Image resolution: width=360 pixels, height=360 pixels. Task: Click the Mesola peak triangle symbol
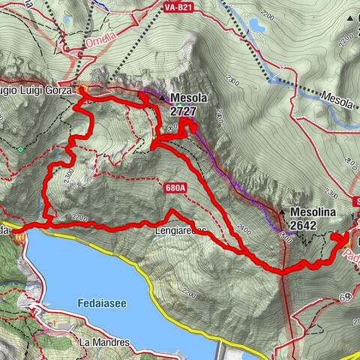(x=161, y=97)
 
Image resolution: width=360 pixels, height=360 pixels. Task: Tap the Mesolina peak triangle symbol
(x=282, y=211)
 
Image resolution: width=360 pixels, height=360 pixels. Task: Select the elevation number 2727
(x=184, y=110)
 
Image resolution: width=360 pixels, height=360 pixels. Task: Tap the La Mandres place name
(x=104, y=342)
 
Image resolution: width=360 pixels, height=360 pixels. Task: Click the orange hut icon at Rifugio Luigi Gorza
(x=83, y=90)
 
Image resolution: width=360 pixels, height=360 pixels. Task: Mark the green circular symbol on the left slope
(x=21, y=149)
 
